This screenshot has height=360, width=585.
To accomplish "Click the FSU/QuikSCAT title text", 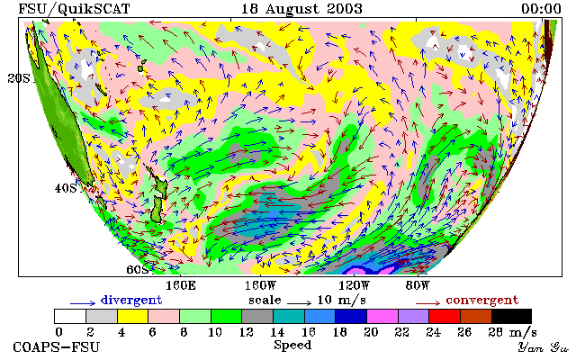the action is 74,9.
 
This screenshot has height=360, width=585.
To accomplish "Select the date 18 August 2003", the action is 301,9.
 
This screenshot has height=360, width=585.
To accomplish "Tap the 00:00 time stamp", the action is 541,9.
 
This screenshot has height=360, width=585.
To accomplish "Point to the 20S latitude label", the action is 19,78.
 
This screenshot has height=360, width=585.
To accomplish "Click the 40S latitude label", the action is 66,188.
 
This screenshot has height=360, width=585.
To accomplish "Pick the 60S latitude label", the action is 138,269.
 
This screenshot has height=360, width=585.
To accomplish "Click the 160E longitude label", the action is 181,286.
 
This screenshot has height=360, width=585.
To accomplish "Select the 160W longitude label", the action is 260,286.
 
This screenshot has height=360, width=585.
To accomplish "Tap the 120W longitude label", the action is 354,286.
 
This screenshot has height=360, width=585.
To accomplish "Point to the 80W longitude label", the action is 418,286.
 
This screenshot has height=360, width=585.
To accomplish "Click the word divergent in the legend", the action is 131,301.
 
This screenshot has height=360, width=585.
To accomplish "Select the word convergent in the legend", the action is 482,301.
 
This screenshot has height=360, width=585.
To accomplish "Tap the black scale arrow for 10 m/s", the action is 299,303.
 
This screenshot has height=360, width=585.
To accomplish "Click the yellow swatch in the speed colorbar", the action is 133,316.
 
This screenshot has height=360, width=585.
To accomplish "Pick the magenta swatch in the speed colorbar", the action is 382,316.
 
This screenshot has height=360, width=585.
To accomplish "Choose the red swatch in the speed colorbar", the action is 445,316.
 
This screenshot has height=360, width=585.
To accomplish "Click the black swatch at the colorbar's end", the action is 512,316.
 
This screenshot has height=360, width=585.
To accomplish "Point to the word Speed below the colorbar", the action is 292,345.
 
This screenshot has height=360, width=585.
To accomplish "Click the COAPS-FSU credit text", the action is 57,346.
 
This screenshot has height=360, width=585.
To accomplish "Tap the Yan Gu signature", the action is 544,347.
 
